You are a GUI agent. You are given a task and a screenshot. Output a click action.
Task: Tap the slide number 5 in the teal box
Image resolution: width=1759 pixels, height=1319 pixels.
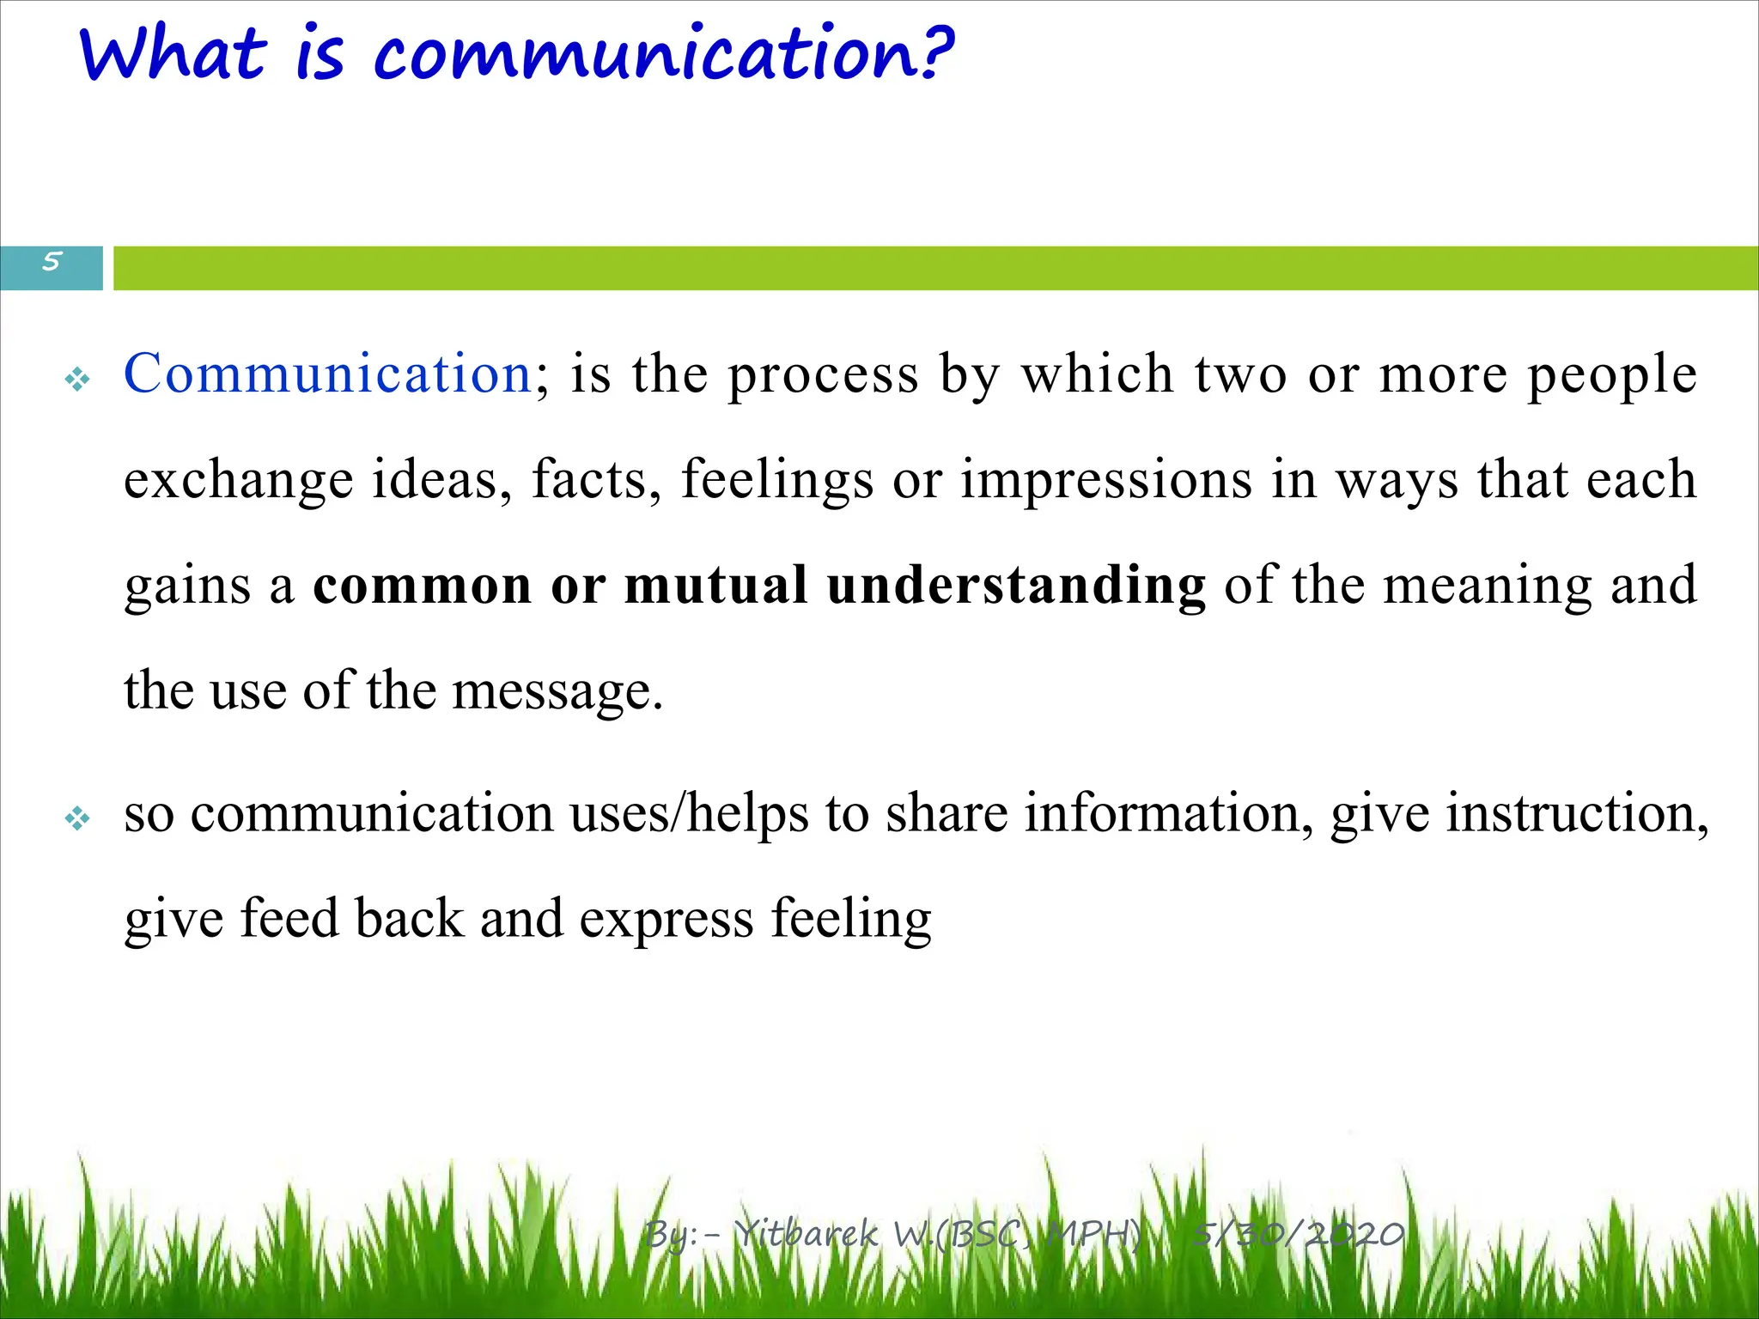52,261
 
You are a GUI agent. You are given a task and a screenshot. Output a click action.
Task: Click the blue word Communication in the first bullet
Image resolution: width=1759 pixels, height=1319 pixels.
328,374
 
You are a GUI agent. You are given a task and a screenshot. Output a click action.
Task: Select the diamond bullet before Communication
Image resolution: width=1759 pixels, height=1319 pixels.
77,379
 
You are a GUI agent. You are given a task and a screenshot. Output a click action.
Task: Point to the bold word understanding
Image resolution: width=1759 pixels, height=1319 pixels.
1016,586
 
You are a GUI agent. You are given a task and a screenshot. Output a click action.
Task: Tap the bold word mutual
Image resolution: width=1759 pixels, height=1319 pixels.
715,586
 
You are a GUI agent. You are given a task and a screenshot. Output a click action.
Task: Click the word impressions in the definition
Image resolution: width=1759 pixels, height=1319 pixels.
1106,480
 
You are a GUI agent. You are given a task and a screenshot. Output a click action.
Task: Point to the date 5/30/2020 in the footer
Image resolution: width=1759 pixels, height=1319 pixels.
1299,1234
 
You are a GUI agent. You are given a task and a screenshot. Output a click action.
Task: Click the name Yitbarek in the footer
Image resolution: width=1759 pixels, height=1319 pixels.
807,1234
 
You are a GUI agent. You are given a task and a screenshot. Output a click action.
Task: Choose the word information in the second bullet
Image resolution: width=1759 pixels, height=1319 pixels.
1160,813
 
